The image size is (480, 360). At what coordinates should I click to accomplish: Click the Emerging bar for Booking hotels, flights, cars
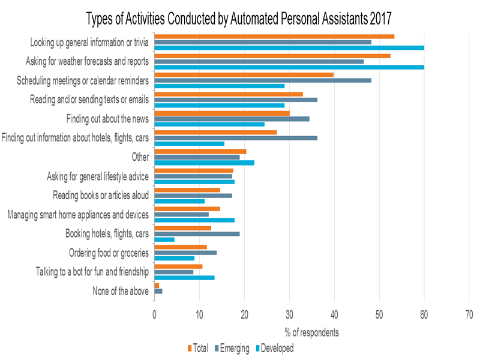(x=197, y=233)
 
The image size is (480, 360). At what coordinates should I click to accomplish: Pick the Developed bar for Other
(x=204, y=163)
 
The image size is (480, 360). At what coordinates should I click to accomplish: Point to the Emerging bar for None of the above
(x=158, y=291)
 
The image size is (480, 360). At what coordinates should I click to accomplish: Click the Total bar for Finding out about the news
(x=222, y=113)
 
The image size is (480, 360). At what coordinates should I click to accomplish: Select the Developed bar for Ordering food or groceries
(x=175, y=259)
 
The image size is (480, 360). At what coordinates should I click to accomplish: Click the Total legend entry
(x=198, y=347)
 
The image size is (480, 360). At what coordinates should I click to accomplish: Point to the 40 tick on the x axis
(x=334, y=314)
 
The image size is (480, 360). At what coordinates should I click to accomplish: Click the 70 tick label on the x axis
(x=469, y=314)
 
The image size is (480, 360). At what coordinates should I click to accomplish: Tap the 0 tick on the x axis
(x=155, y=314)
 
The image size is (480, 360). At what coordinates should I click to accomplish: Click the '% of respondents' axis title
(x=312, y=332)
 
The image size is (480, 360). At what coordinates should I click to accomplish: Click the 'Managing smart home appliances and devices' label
(x=77, y=214)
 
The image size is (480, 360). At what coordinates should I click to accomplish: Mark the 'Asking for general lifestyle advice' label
(x=98, y=176)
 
